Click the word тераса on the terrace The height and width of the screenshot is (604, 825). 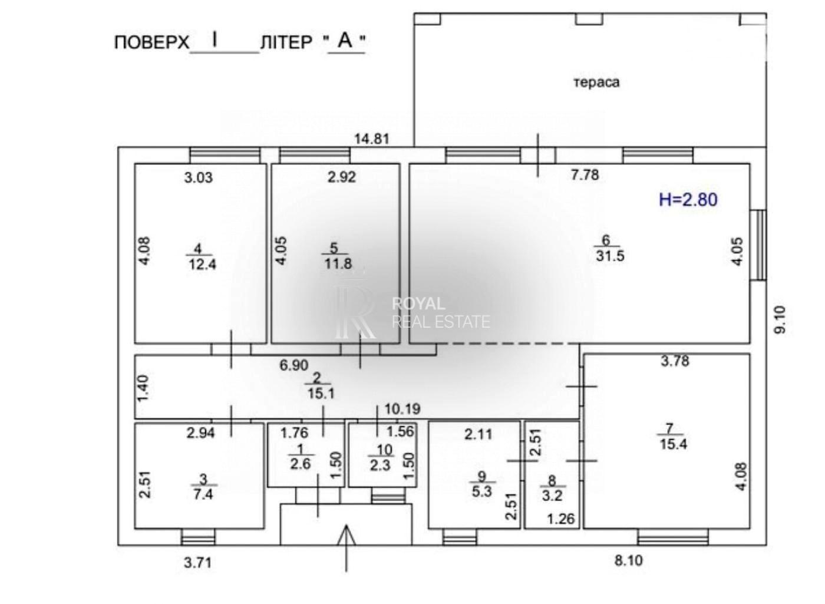(596, 82)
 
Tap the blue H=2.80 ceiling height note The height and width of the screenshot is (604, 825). (688, 200)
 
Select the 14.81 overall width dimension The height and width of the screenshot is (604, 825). (372, 139)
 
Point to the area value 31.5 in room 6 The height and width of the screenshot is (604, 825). (610, 256)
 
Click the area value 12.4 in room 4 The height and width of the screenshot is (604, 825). (202, 264)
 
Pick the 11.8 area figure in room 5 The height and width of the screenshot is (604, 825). (338, 264)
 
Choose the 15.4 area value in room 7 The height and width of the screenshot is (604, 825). (673, 444)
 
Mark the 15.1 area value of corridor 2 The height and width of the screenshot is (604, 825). (321, 394)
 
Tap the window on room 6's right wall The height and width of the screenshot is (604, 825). (758, 245)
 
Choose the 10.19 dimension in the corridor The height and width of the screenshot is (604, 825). (402, 408)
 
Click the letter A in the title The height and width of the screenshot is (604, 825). (345, 40)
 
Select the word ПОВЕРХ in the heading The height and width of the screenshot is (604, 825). (151, 42)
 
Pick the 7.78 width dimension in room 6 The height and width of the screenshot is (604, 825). (585, 174)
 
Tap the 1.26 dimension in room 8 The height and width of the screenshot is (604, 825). (560, 519)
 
